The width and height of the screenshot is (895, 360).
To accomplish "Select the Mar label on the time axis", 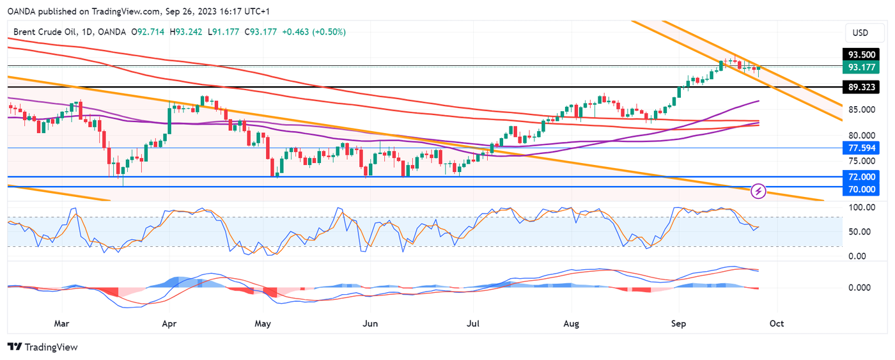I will [x=61, y=324].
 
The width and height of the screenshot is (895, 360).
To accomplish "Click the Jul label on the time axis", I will [x=473, y=324].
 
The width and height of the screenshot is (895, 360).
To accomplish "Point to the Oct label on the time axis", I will [x=776, y=324].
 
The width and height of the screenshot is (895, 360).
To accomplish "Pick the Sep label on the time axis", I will [x=678, y=324].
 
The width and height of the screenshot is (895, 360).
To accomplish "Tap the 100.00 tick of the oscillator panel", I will [x=861, y=207].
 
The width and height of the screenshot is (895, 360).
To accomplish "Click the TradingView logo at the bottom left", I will [x=42, y=347].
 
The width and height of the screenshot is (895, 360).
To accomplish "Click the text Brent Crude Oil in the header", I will [x=43, y=31].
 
